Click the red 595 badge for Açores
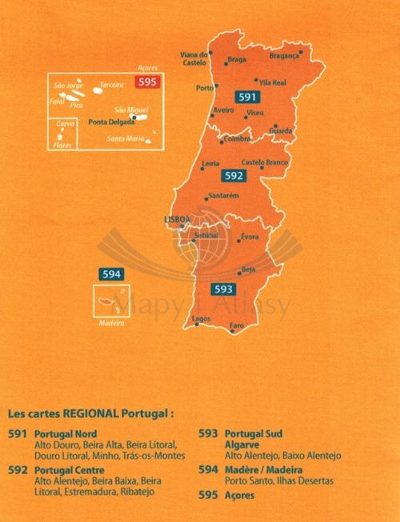[148, 82]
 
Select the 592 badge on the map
[234, 175]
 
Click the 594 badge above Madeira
[111, 275]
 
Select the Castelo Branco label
[264, 162]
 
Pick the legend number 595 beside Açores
[207, 495]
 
